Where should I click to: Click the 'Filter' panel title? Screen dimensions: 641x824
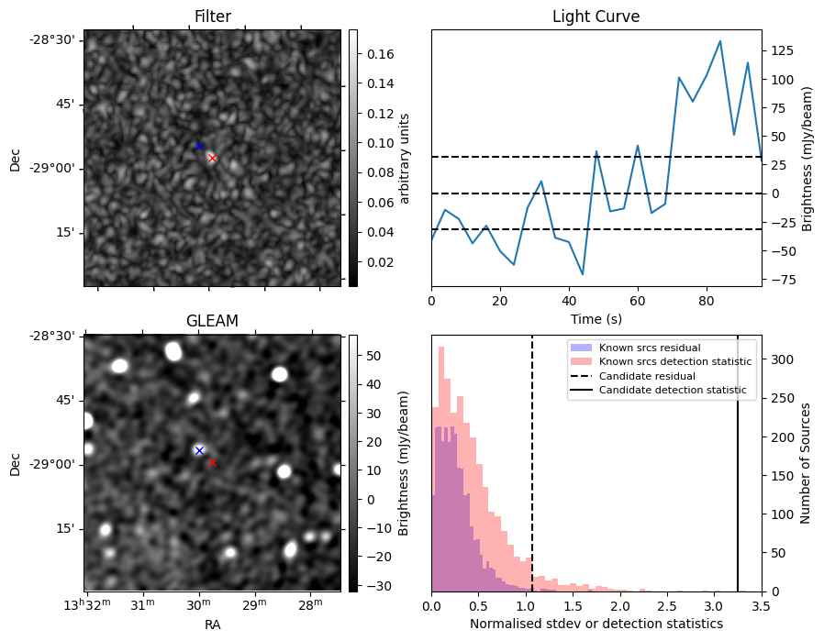[x=212, y=17]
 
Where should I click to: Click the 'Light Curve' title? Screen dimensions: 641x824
[x=596, y=17]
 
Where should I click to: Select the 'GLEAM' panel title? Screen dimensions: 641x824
[x=212, y=321]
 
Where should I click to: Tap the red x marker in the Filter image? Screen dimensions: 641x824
[x=212, y=158]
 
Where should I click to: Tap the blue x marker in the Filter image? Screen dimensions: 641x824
[x=199, y=146]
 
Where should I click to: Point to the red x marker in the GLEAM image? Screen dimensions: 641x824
[x=212, y=463]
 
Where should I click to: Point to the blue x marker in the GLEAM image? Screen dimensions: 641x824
[x=199, y=450]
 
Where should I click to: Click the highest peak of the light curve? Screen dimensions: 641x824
[x=719, y=41]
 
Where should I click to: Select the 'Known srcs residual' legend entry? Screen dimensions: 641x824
[x=650, y=348]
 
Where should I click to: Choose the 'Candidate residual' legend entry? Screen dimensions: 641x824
[x=648, y=376]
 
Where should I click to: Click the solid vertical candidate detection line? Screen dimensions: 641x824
[x=738, y=477]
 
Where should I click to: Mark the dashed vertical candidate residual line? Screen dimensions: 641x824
[x=532, y=477]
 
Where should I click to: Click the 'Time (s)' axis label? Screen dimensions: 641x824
[x=596, y=317]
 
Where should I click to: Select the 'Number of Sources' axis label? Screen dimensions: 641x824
[x=807, y=463]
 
